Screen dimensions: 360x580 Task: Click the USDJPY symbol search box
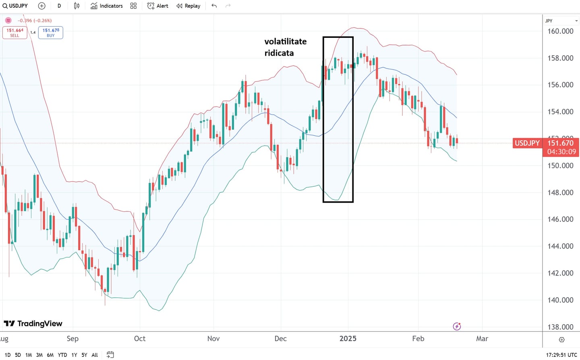pos(15,6)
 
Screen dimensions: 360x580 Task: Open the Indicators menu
pos(107,6)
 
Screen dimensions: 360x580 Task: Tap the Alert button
pos(158,6)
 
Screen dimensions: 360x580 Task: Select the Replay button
pos(188,6)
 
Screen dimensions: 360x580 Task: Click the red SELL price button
pos(15,33)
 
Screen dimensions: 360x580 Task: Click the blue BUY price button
pos(51,33)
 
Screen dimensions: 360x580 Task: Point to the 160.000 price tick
pos(560,31)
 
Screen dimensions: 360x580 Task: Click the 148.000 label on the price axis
pos(560,192)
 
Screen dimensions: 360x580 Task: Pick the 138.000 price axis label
pos(560,327)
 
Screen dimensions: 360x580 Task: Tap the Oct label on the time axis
pos(140,339)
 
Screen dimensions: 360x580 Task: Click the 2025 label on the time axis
pos(348,339)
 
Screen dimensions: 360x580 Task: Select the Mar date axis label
pos(482,339)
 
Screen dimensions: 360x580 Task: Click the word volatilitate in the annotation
pos(285,41)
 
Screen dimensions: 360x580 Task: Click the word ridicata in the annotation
pos(279,53)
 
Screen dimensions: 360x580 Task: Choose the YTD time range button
pos(62,355)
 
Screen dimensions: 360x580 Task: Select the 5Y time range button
pos(84,355)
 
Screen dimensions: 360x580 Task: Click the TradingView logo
pos(33,323)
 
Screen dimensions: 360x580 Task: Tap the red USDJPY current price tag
pos(527,143)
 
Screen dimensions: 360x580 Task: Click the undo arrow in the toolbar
pos(214,6)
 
